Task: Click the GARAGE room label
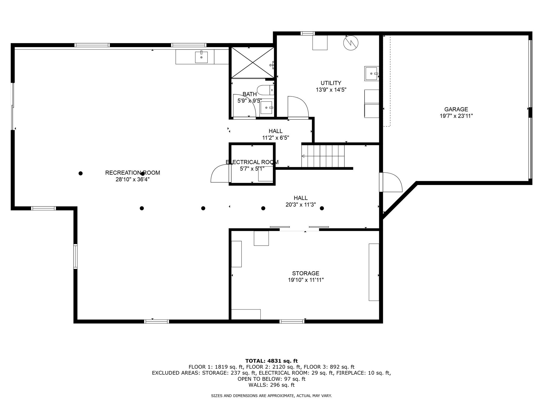(x=456, y=109)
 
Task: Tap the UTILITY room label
(x=331, y=83)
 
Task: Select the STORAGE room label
(x=306, y=273)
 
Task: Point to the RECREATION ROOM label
(x=133, y=173)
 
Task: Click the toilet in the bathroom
(x=265, y=90)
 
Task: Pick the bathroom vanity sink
(x=266, y=108)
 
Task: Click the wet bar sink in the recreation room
(x=201, y=57)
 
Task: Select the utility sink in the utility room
(x=372, y=73)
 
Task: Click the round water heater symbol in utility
(x=351, y=43)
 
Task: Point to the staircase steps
(x=323, y=156)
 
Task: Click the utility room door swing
(x=298, y=107)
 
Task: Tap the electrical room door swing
(x=220, y=173)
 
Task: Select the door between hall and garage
(x=391, y=182)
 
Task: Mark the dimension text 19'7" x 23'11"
(x=456, y=116)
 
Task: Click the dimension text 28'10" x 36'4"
(x=133, y=179)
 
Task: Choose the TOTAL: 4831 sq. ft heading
(x=271, y=361)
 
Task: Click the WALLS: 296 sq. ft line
(x=271, y=385)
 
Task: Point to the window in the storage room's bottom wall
(x=292, y=321)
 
